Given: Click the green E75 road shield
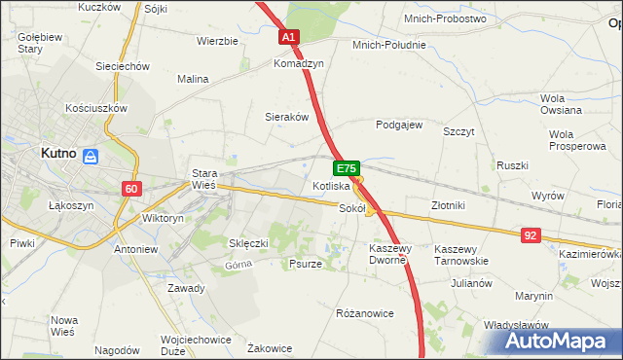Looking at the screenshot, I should point(349,168).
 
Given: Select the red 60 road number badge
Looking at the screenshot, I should point(132,188).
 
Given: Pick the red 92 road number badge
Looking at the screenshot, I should point(531,234).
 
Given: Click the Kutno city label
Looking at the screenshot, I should point(58,154).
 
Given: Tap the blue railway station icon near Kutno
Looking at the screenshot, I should point(90,156).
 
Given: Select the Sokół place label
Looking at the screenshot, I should point(351,207).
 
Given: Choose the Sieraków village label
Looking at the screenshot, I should point(287,117).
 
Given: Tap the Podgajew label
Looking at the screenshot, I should point(399,125).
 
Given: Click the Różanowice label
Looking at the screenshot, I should point(364,314).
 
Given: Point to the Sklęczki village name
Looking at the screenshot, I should point(247,242).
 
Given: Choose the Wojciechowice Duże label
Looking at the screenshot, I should point(194,346).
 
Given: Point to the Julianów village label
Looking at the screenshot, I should point(471,284).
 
